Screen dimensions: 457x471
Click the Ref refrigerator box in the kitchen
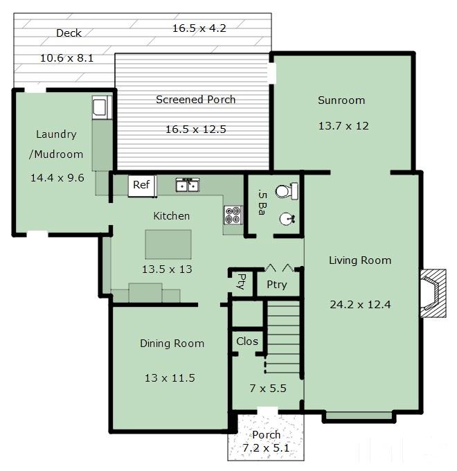point(142,186)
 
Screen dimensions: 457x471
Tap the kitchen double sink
point(188,184)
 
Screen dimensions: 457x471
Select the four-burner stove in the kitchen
point(233,215)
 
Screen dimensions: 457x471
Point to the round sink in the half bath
point(287,218)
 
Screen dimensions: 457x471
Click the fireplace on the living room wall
point(433,293)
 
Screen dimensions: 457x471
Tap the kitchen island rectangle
point(168,245)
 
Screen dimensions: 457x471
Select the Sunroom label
point(341,100)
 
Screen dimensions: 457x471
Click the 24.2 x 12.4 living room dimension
point(360,305)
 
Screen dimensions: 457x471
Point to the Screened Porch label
point(196,100)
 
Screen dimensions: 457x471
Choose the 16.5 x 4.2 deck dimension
point(199,28)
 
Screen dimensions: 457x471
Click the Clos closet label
point(247,341)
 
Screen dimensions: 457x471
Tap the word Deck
point(69,33)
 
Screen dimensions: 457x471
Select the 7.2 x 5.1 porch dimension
point(266,448)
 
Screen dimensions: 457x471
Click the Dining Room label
point(172,344)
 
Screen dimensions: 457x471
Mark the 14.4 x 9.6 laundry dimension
point(57,178)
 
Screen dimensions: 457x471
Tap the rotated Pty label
point(241,281)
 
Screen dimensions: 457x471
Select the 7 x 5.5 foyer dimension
point(268,389)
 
